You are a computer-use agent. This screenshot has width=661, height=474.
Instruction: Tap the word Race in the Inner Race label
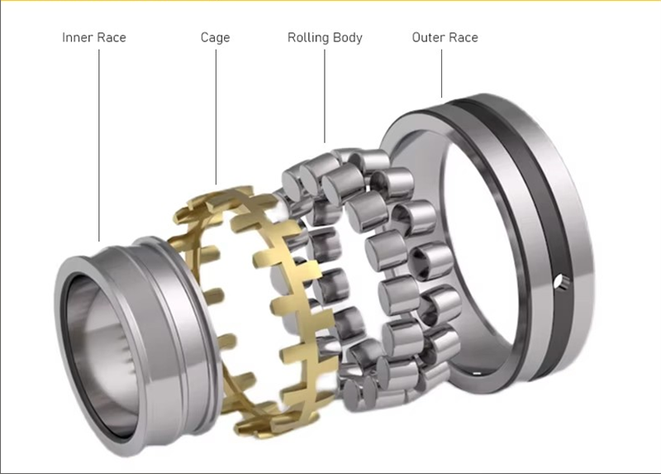[x=110, y=37]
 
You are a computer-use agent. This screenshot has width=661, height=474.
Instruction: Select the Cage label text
[x=215, y=38]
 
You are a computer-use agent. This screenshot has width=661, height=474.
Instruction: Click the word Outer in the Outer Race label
[x=426, y=37]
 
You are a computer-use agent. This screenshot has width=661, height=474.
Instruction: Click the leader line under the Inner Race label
[x=99, y=146]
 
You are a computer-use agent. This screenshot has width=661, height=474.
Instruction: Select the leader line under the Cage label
[x=216, y=117]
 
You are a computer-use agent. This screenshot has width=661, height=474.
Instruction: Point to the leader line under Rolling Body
[x=325, y=96]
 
